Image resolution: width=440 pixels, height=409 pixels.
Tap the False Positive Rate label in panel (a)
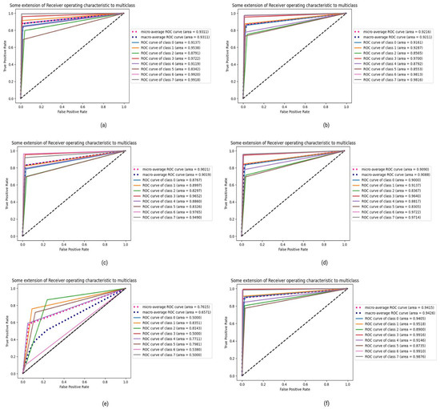pyautogui.click(x=70, y=111)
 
